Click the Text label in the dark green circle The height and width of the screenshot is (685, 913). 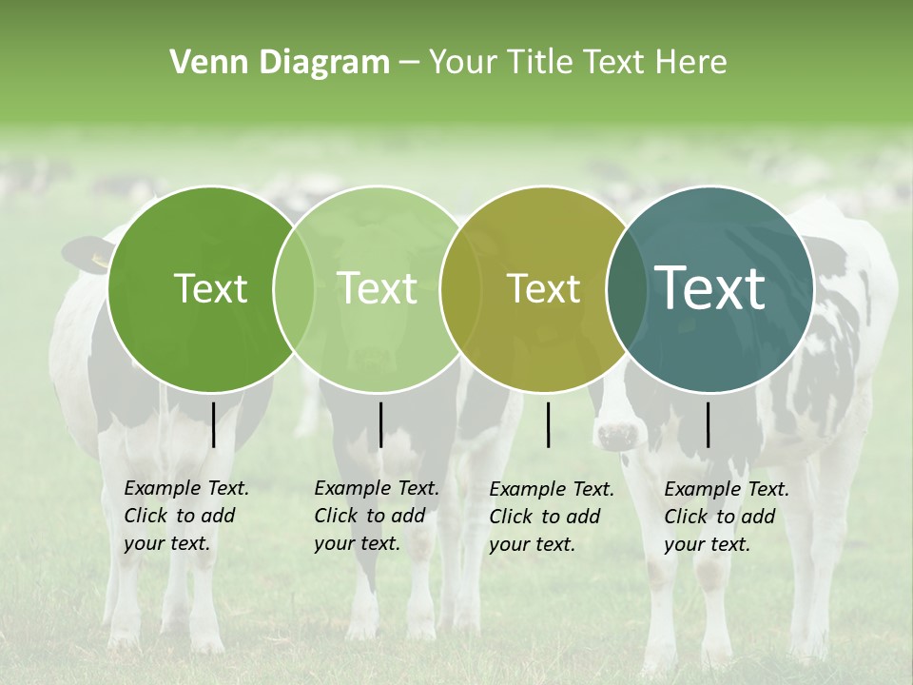pyautogui.click(x=210, y=288)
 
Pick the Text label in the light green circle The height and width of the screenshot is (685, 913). pyautogui.click(x=378, y=288)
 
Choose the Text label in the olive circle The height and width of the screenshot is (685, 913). pyautogui.click(x=544, y=288)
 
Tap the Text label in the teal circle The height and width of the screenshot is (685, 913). pyautogui.click(x=710, y=287)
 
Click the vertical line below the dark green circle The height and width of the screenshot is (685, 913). pyautogui.click(x=214, y=424)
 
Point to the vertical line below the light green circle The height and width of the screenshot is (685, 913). pyautogui.click(x=380, y=424)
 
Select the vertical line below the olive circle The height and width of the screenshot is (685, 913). pyautogui.click(x=549, y=424)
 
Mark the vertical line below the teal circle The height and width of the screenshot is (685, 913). pyautogui.click(x=709, y=424)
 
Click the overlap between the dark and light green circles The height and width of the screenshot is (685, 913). pyautogui.click(x=294, y=288)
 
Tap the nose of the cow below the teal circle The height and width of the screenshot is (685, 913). pyautogui.click(x=617, y=437)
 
